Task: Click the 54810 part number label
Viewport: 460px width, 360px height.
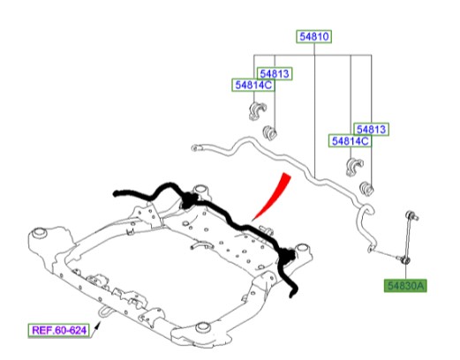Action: click(x=314, y=36)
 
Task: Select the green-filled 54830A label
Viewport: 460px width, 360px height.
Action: click(x=405, y=286)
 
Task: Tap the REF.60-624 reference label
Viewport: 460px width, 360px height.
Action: click(x=59, y=330)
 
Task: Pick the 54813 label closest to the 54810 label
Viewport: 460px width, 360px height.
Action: click(x=275, y=73)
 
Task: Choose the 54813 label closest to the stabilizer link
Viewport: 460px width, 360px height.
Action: click(x=371, y=130)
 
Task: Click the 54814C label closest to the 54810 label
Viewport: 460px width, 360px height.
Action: click(x=253, y=86)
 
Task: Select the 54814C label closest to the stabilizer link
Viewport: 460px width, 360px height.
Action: click(x=351, y=141)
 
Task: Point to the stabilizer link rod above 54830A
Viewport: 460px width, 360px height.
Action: click(x=409, y=236)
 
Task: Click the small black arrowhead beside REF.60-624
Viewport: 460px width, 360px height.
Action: click(x=98, y=325)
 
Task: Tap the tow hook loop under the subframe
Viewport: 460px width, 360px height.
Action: click(x=104, y=312)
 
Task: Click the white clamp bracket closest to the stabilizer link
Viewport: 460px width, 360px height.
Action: click(x=355, y=167)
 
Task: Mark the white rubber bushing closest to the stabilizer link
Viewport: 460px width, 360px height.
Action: click(x=367, y=188)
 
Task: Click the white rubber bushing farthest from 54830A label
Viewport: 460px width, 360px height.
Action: click(x=269, y=133)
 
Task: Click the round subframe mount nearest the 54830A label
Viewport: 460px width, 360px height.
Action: click(x=302, y=248)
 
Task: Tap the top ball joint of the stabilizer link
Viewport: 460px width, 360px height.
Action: click(x=411, y=215)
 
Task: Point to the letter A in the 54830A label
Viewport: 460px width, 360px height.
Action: click(x=420, y=286)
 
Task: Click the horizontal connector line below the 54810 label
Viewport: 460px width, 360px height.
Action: click(x=313, y=55)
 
